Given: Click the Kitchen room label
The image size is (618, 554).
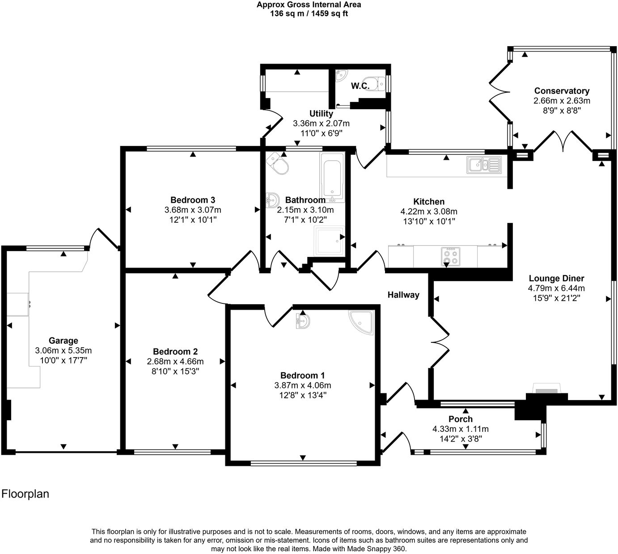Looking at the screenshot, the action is (x=428, y=201).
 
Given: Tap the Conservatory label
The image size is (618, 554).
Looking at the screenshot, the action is (x=562, y=91).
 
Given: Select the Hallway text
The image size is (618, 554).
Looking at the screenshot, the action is (x=403, y=295).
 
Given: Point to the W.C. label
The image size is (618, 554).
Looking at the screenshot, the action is (x=360, y=86).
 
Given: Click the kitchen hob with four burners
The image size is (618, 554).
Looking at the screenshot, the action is (x=451, y=256).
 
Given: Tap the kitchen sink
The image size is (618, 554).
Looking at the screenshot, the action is (x=484, y=165).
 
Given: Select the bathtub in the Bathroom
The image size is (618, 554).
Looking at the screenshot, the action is (x=332, y=178).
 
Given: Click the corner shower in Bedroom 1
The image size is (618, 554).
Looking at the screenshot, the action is (x=361, y=323).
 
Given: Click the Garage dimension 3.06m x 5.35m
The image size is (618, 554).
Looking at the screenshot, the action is (x=63, y=351).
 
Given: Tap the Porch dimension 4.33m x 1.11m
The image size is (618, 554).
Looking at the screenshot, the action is (x=460, y=429).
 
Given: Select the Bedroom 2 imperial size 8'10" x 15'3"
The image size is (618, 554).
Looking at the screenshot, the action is (x=175, y=371).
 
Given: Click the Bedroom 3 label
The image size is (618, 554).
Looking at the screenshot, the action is (x=192, y=200).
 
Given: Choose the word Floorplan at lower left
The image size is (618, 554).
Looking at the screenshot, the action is (x=25, y=494).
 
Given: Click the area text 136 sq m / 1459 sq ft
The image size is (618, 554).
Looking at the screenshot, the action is (x=309, y=14).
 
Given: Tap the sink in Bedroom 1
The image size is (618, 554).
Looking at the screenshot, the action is (x=303, y=322).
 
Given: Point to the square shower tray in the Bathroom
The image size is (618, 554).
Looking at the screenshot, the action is (x=329, y=241).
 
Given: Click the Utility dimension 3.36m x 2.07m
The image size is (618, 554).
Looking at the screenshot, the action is (x=321, y=124).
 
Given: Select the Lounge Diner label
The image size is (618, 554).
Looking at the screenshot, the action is (x=556, y=278).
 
